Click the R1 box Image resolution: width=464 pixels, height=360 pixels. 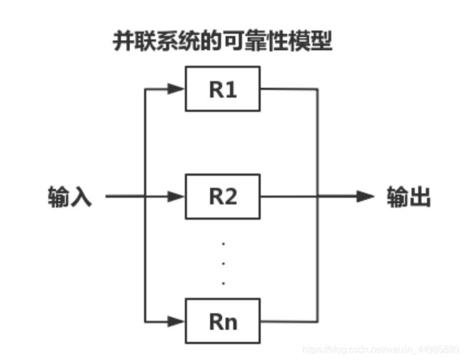[223, 89]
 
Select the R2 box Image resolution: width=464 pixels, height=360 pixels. [223, 196]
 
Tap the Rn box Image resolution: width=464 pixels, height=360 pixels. [223, 321]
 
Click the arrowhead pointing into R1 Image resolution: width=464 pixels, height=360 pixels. [176, 90]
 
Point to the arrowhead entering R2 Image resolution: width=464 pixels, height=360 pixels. [176, 196]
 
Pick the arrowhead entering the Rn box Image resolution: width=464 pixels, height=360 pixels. [176, 321]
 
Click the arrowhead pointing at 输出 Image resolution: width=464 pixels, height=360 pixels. [365, 196]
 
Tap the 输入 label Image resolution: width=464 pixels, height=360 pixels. [70, 196]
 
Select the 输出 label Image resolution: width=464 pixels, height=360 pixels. [408, 196]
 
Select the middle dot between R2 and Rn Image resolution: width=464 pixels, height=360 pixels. [223, 264]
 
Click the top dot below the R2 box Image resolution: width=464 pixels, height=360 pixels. [223, 244]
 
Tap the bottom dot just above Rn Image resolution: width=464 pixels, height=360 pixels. [223, 283]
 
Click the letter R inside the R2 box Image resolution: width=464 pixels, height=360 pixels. [216, 196]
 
